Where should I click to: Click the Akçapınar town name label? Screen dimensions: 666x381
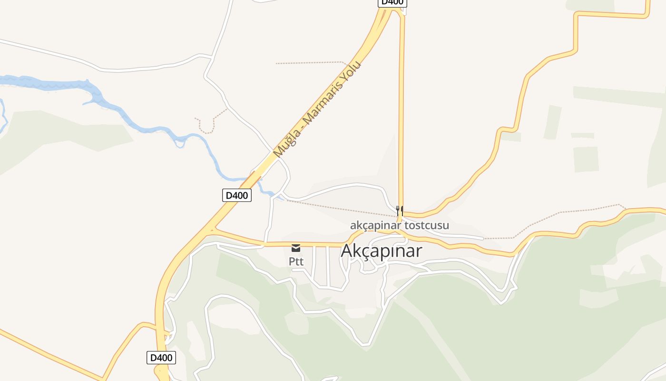[x=382, y=251]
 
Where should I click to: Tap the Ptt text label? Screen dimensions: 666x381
[x=296, y=261]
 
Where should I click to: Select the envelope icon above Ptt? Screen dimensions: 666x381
[x=296, y=248]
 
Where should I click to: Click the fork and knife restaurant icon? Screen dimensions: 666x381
[x=400, y=210]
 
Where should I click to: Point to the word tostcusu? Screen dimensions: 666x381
[x=426, y=225]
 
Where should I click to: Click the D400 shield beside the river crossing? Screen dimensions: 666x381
[x=236, y=195]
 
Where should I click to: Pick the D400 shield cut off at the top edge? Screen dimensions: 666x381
[x=392, y=2]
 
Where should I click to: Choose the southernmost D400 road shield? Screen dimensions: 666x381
[x=161, y=358]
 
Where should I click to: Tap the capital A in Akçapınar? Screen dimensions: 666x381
[x=347, y=251]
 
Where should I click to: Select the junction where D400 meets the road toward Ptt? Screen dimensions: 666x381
[x=211, y=231]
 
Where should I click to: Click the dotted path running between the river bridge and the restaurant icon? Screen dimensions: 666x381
[x=343, y=209]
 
